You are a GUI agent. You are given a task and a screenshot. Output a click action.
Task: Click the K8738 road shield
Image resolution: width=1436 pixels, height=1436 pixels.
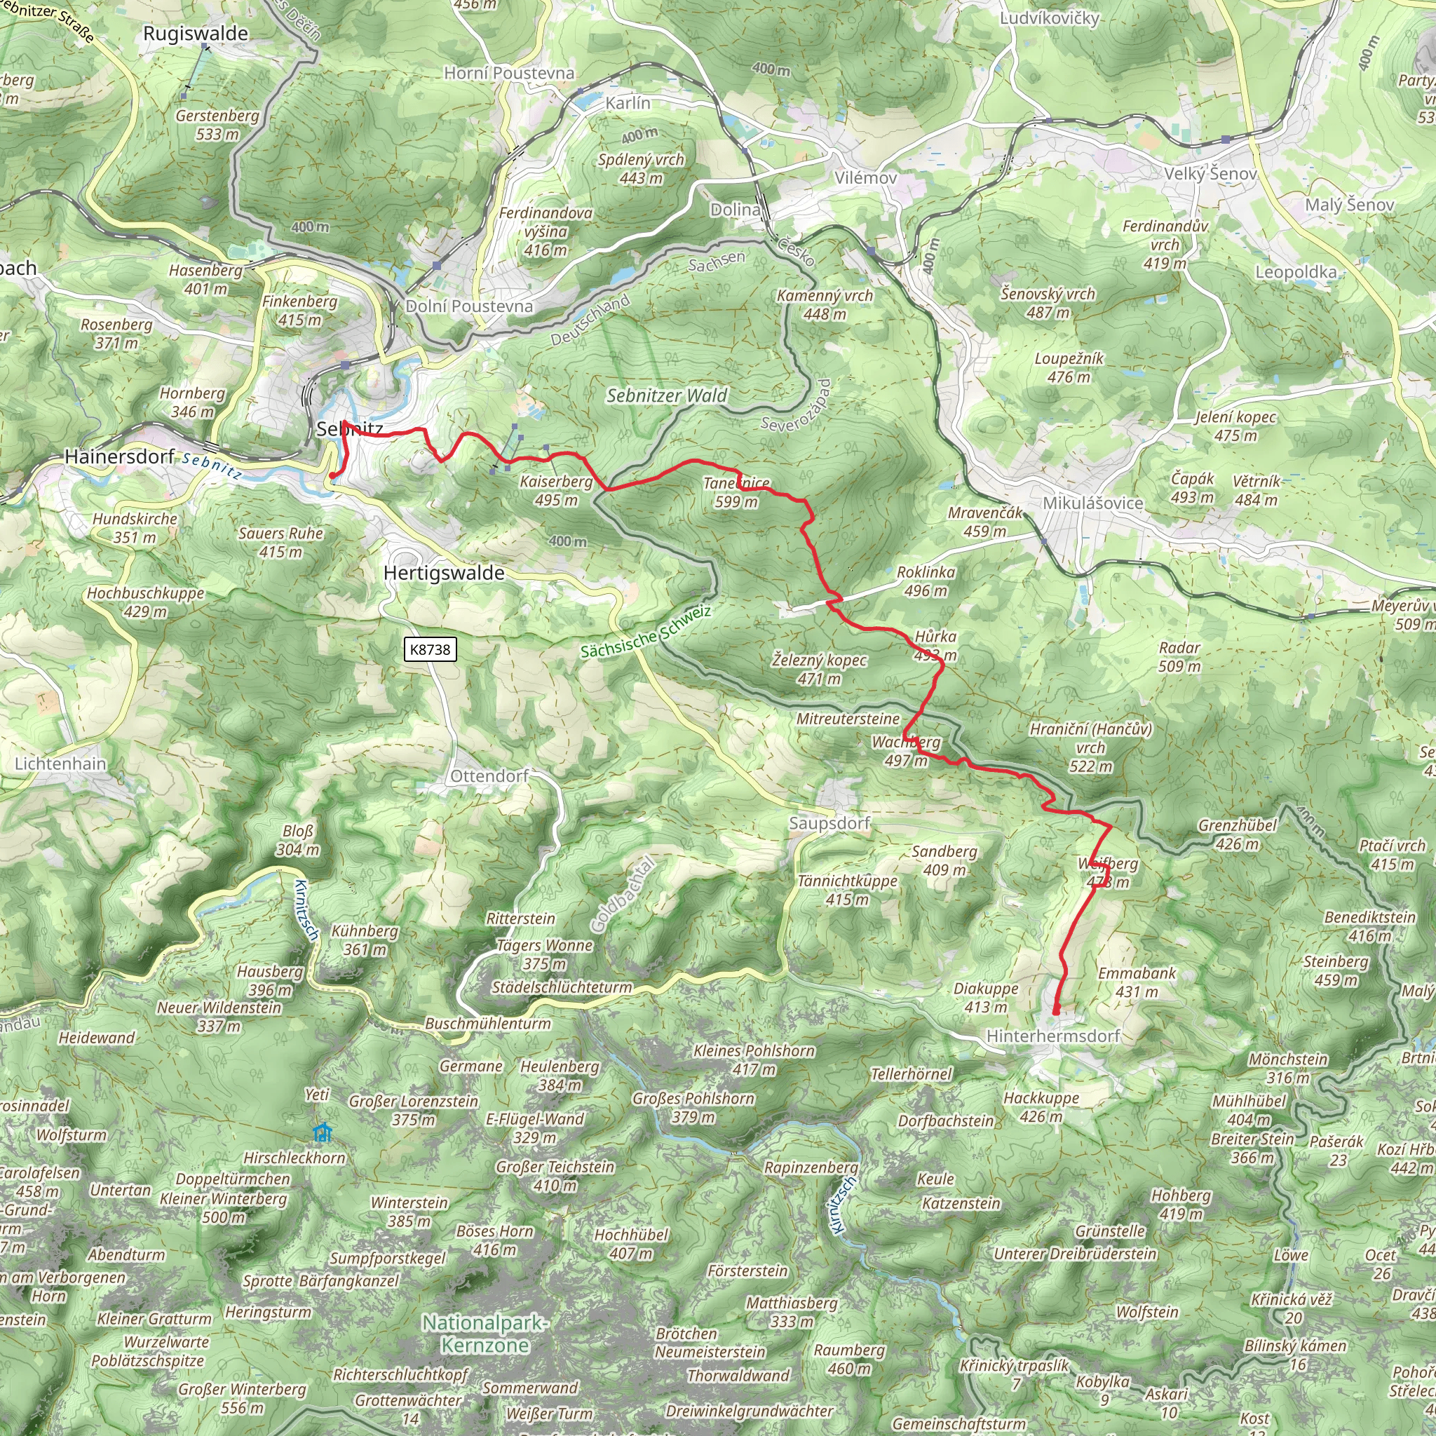pos(431,649)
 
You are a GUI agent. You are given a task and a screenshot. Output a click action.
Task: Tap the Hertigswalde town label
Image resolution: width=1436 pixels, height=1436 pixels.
pos(444,573)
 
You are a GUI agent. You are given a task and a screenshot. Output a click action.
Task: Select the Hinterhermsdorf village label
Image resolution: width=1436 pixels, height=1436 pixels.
pos(1052,1036)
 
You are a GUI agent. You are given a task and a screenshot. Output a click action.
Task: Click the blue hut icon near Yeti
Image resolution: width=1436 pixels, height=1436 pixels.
pos(322,1133)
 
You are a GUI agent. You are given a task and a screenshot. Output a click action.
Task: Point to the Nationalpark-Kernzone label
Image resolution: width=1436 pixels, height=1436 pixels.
pos(485,1334)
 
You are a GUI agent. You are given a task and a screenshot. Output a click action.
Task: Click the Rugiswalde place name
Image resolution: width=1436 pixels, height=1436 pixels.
pos(196,34)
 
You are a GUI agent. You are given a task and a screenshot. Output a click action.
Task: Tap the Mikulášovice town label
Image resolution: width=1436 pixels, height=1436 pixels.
pos(1092,503)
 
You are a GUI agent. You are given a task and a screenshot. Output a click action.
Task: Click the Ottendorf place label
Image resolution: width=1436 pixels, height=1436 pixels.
pos(489,776)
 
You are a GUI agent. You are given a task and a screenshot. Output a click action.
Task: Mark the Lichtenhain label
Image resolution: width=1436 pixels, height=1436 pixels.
pos(61,764)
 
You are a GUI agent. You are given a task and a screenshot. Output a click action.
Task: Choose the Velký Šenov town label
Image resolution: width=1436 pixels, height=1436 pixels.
pos(1210,173)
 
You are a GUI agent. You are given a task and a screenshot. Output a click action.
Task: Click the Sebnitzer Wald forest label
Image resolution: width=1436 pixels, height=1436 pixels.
pos(667,395)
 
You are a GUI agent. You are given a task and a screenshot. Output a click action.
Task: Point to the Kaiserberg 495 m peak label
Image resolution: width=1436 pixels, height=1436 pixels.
pos(556,491)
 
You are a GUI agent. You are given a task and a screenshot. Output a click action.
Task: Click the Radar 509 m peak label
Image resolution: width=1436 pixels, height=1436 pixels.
pos(1179,656)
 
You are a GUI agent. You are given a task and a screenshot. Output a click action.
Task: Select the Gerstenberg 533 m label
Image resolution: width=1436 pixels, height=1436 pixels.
pos(217,125)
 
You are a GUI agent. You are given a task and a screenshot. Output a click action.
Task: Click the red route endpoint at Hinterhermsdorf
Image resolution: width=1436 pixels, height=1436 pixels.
pos(1056,1012)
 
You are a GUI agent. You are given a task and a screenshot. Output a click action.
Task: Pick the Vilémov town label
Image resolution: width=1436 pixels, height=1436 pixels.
pos(865,177)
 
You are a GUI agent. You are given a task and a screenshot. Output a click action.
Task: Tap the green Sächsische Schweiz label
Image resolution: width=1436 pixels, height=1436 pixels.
pos(645,632)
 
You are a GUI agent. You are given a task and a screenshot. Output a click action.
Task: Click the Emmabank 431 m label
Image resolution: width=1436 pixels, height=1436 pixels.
pos(1137,982)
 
